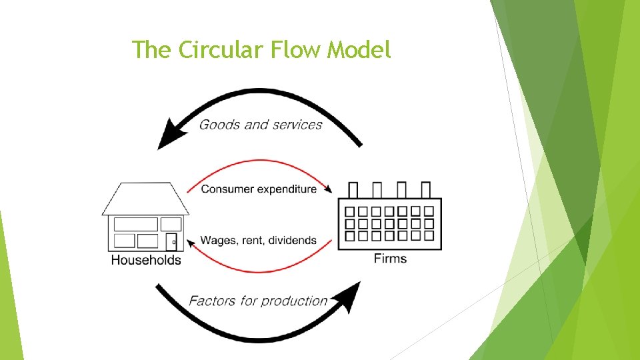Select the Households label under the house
[x=145, y=260]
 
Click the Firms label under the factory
[x=390, y=258]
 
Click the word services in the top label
[x=297, y=125]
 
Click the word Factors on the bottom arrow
[x=211, y=301]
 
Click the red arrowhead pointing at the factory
[x=329, y=189]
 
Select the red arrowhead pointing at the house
[x=191, y=241]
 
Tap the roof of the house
[x=145, y=199]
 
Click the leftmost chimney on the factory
[x=354, y=190]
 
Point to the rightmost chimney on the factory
[x=426, y=190]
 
